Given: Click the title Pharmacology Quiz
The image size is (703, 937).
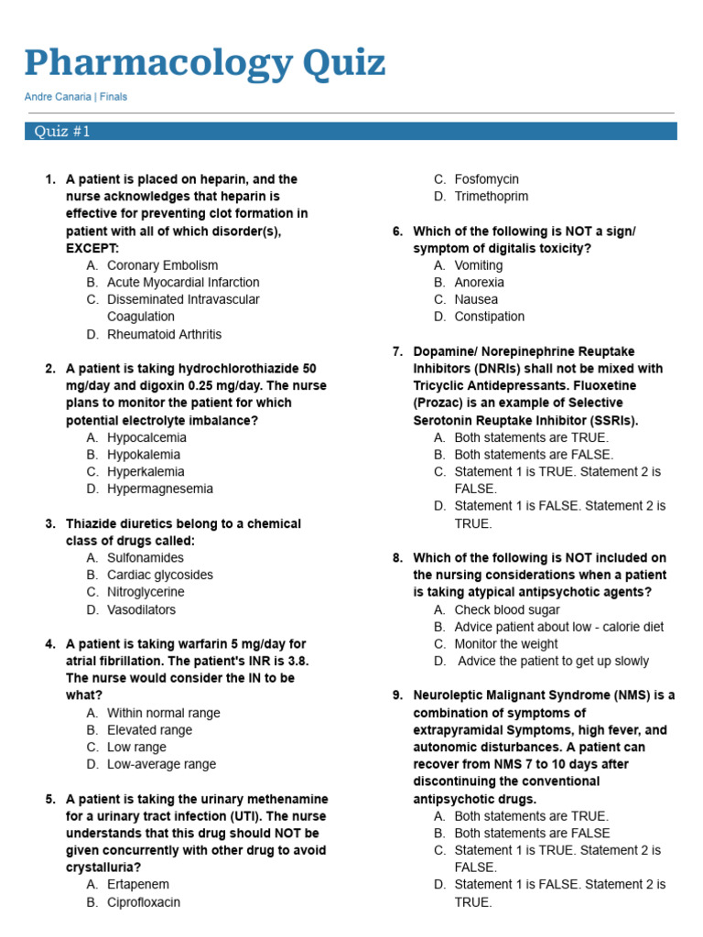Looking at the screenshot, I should [204, 63].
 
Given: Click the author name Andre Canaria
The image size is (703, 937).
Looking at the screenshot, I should [57, 97].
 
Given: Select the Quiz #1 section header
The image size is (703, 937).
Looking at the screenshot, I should [62, 132].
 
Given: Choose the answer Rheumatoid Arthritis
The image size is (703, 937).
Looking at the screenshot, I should [164, 334].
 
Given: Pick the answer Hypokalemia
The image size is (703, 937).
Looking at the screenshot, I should [144, 455].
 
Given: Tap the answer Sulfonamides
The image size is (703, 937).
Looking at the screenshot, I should [146, 557].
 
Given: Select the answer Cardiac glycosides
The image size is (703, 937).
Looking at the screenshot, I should [159, 575].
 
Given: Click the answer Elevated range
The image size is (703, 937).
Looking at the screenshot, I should [149, 730].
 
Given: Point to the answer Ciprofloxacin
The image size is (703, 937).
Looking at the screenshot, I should [144, 902].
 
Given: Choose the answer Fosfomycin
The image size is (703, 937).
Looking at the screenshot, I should [486, 179].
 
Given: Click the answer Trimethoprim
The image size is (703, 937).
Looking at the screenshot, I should [491, 196].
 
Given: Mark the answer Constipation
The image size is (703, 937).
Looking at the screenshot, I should [490, 317].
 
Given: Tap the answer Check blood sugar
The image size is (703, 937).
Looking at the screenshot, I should [507, 609].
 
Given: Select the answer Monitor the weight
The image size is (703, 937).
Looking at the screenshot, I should [506, 644].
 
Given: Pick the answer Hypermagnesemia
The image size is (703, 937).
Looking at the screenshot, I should [160, 489].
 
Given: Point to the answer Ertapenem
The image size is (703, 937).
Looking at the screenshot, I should [138, 885].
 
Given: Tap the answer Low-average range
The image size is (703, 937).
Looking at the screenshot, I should [162, 764].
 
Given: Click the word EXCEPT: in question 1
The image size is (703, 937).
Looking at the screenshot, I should [92, 248].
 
